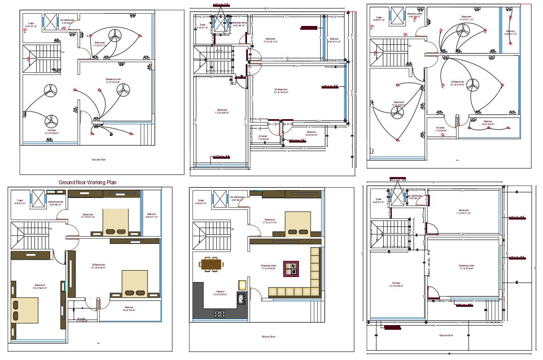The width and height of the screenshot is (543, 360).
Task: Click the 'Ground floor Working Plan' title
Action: tap(87, 182)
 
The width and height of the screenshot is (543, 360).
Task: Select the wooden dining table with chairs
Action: tap(211, 264)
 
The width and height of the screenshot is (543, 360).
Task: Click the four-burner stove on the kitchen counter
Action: tap(220, 314)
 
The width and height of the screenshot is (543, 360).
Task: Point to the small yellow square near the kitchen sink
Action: tap(242, 285)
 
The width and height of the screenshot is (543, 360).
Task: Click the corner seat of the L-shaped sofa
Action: tap(315, 293)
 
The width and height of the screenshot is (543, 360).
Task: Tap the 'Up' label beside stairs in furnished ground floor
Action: tap(232, 229)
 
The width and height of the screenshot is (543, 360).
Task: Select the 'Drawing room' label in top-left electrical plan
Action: tap(113, 80)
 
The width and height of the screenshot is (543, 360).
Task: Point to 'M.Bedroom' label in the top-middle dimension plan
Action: tap(281, 91)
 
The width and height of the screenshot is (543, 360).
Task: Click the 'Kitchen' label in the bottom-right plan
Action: tap(396, 284)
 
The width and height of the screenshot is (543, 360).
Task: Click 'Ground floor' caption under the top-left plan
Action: tap(98, 160)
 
